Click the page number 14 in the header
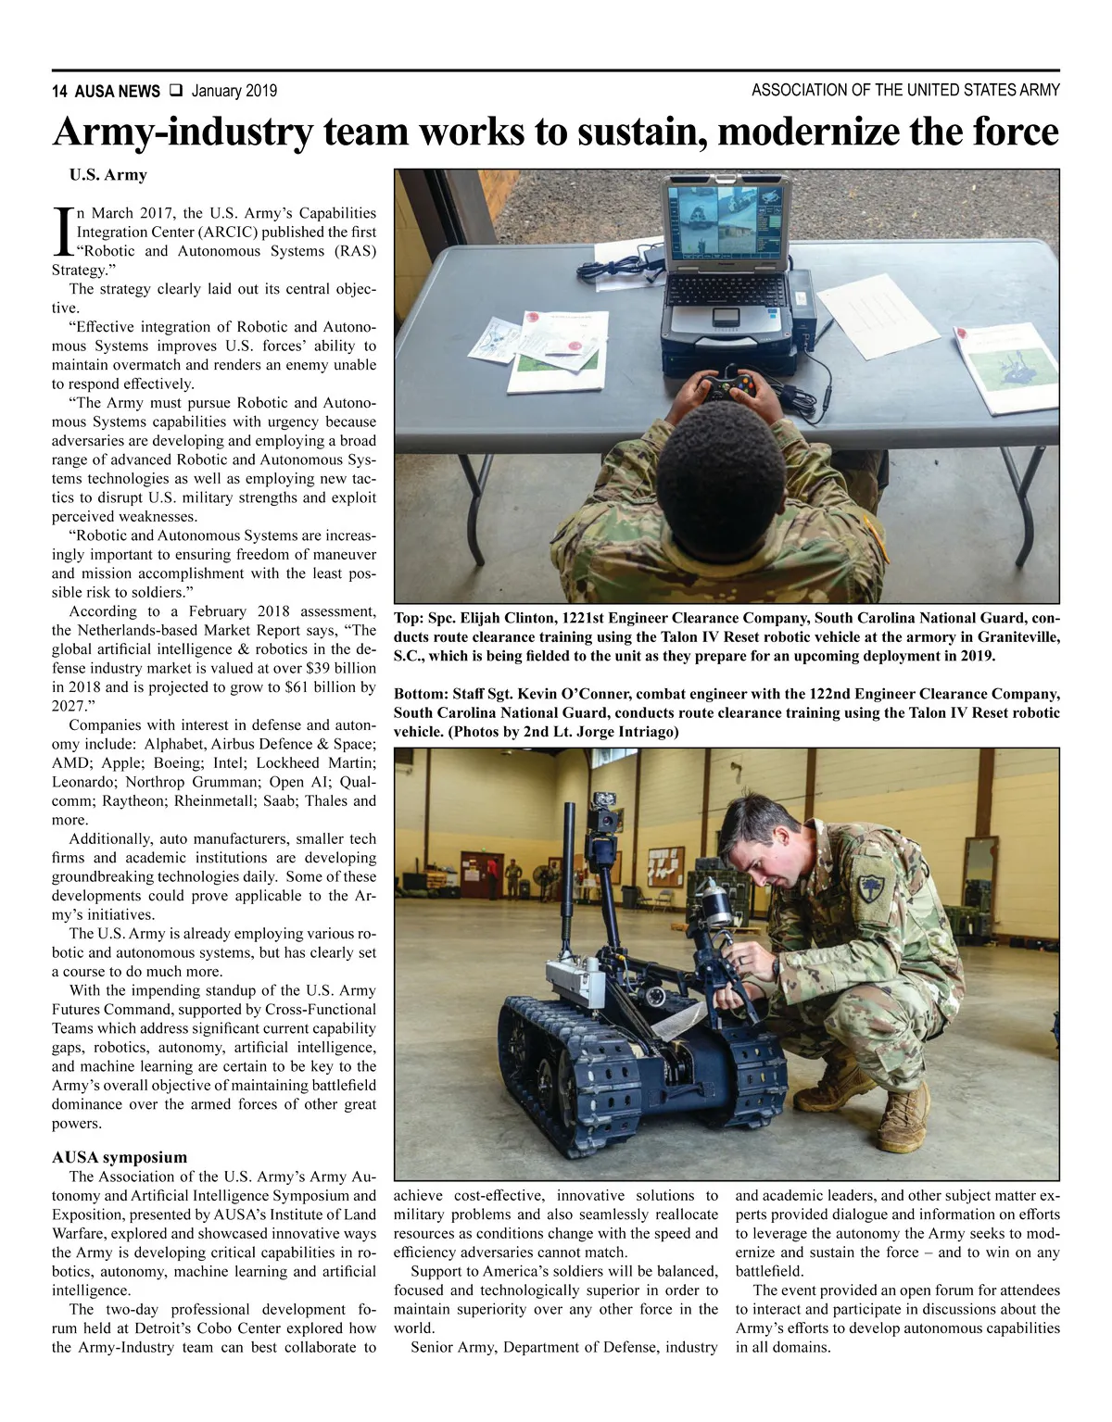[x=59, y=91]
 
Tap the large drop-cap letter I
[x=62, y=233]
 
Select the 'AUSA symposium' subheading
[x=119, y=1157]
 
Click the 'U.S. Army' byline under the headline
[x=107, y=175]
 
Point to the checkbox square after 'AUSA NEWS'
[x=176, y=91]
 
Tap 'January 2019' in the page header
[x=234, y=91]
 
